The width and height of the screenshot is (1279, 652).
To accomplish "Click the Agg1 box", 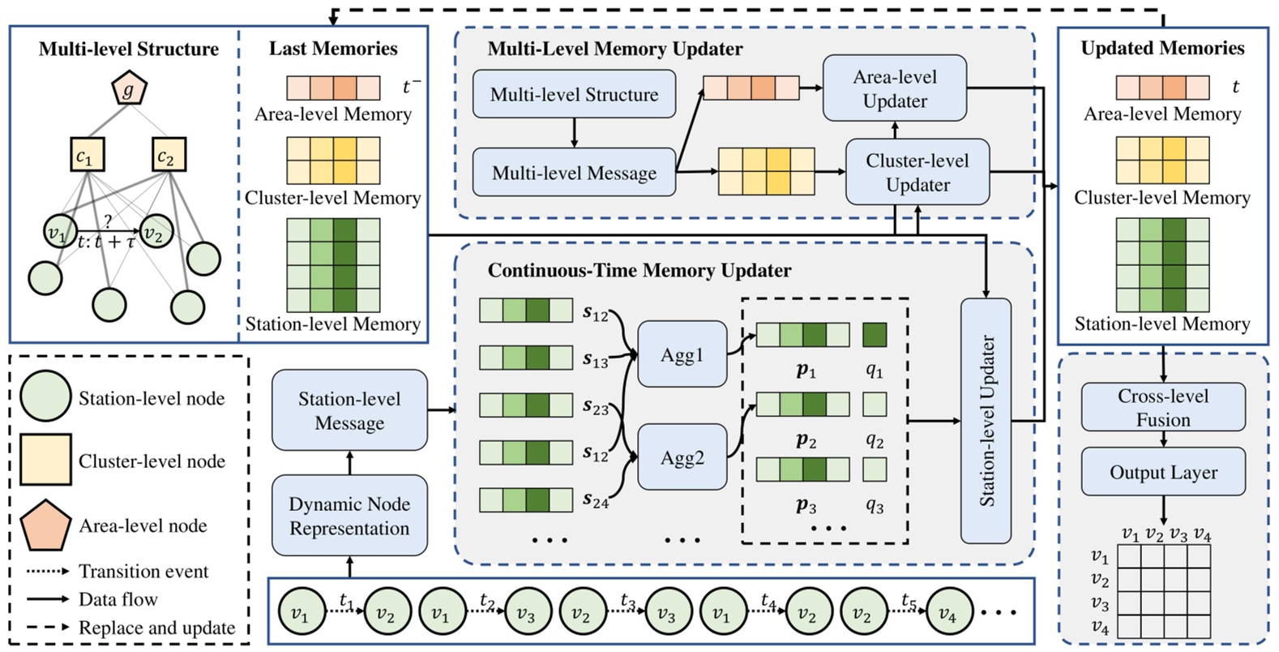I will coord(682,354).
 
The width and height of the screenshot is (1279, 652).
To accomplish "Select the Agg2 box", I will coord(682,457).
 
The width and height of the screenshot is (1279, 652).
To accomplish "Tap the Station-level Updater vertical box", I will coord(986,421).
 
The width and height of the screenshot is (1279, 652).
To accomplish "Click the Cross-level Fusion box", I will coord(1163,407).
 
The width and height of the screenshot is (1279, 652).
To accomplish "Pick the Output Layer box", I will coord(1163,472).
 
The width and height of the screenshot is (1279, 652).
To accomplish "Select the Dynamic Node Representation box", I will coord(349,516).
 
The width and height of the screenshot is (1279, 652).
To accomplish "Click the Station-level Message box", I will coord(349,410).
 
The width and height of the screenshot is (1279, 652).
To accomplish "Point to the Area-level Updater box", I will coord(894,88).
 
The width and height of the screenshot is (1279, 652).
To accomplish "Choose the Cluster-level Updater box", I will coord(917,172).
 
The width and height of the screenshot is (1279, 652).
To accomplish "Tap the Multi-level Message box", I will coord(574,173).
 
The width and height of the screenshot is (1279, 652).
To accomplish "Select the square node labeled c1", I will coord(85,155).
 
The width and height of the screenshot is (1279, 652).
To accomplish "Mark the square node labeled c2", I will coord(168,155).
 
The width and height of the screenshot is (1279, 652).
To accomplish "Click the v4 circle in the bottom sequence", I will coord(947,614).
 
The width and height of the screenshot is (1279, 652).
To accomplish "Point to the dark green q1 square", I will coord(874,335).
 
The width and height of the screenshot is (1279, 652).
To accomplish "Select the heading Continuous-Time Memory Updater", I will coord(639,270).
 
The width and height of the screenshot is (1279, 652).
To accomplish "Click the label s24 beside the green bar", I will coord(596,501).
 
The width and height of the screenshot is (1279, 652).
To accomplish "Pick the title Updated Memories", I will coord(1162,48).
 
